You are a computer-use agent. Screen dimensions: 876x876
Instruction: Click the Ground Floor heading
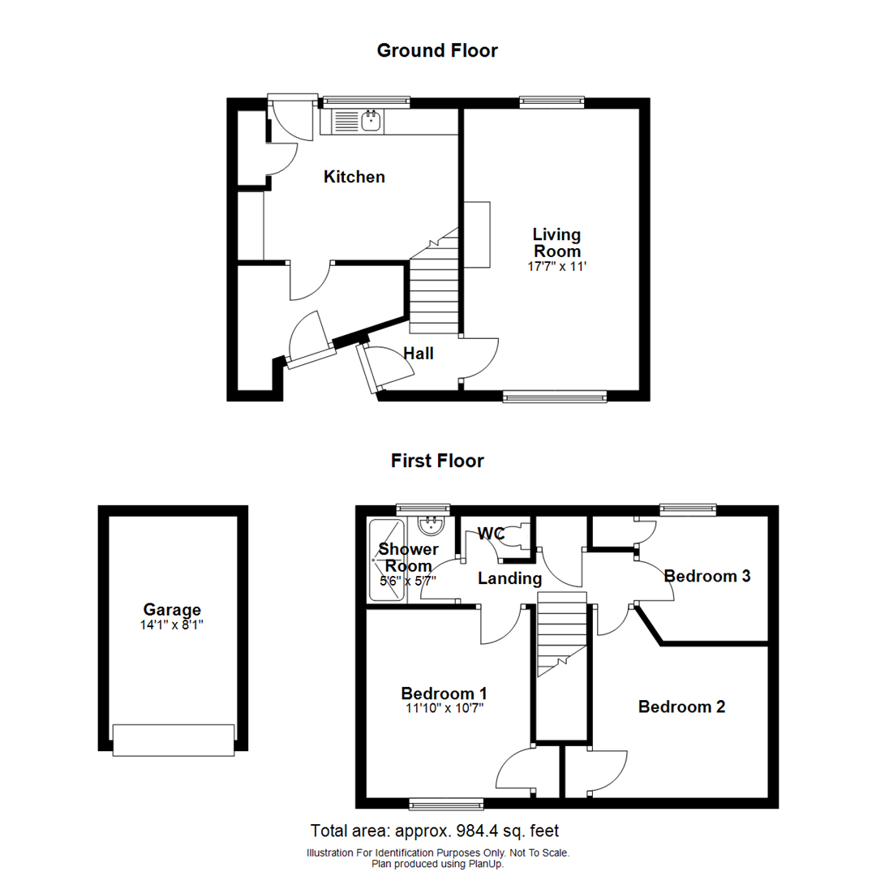tap(437, 50)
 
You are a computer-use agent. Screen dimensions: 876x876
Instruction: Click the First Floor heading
tap(437, 461)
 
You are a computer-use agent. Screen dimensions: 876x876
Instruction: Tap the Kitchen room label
tap(354, 177)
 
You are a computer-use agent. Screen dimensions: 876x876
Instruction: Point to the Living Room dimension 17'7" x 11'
tap(556, 266)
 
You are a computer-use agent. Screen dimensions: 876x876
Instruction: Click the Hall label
tap(419, 354)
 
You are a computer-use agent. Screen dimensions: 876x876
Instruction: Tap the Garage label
tap(172, 610)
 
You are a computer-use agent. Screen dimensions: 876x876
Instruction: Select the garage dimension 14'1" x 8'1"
tap(172, 625)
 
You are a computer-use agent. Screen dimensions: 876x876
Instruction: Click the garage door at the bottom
tap(174, 740)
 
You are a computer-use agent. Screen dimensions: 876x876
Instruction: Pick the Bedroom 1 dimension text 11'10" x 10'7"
tap(444, 709)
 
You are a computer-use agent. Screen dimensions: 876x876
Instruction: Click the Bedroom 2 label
tap(681, 706)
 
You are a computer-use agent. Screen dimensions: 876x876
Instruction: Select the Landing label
tap(509, 578)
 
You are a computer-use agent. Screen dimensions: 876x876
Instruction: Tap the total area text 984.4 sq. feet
tap(435, 831)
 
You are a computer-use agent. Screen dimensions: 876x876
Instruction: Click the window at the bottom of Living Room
tap(554, 397)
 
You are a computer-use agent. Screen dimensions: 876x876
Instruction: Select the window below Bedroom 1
tap(446, 804)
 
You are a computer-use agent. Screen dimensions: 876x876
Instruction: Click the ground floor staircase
tap(434, 288)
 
